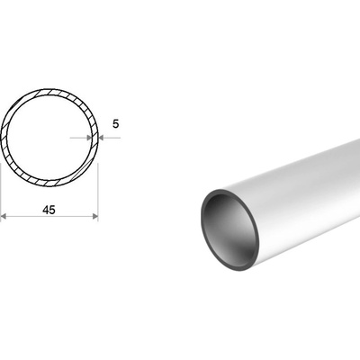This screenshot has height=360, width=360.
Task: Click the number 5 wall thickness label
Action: pos(116,123)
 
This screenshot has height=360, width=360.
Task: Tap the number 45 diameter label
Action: pos(49,210)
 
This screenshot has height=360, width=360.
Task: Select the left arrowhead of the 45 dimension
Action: pos(4,216)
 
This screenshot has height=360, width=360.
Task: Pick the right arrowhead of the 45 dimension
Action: pos(95,216)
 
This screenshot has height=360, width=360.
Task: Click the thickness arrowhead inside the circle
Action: pos(89,138)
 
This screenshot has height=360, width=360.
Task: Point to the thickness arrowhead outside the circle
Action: pos(101,138)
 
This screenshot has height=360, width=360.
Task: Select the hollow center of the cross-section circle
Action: pos(49,138)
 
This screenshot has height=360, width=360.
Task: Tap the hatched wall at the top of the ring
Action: pos(49,92)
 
